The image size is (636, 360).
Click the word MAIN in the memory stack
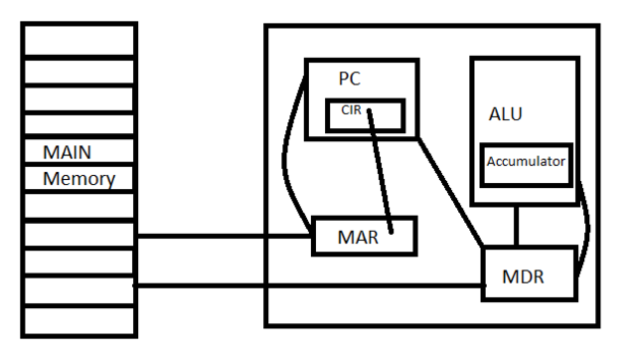click(68, 154)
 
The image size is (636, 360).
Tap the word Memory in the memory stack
click(79, 180)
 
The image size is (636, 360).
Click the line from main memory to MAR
click(224, 237)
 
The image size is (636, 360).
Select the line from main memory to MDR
click(308, 286)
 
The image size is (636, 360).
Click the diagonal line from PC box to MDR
click(449, 189)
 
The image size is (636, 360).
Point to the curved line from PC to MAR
click(287, 149)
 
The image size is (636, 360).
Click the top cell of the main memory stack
click(79, 40)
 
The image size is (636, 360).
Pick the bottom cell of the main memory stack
click(79, 320)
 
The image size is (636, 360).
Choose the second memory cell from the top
click(79, 71)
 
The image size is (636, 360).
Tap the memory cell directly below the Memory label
click(79, 206)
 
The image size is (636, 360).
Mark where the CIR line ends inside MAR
click(391, 232)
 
